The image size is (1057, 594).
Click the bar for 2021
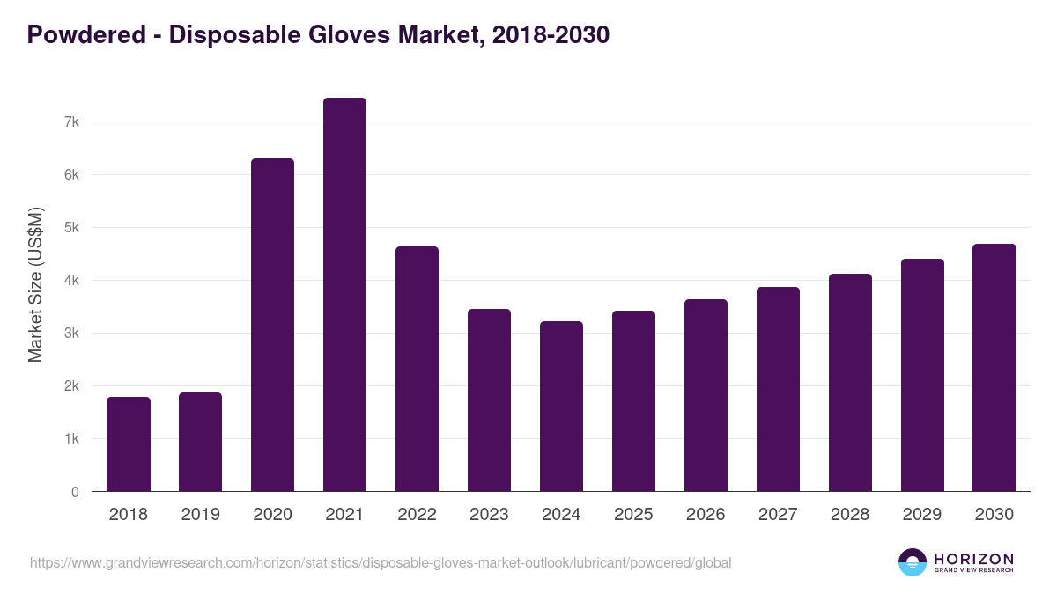click(344, 295)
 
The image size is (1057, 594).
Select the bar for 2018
click(129, 444)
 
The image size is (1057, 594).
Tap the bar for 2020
click(272, 325)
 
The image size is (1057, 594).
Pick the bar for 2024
click(561, 407)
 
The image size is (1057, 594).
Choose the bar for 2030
click(994, 368)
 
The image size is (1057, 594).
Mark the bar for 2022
click(417, 369)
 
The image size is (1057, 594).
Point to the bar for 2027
click(778, 389)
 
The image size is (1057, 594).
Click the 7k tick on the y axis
click(71, 121)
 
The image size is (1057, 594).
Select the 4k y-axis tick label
click(71, 281)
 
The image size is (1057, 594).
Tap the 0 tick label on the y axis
click(75, 492)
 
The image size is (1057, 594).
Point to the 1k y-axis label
click(71, 439)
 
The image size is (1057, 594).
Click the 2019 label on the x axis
click(200, 515)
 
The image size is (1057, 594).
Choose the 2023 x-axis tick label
click(489, 515)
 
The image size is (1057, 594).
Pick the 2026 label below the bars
click(706, 515)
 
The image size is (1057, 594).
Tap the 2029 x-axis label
click(922, 515)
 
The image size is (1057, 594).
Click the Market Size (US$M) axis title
click(35, 284)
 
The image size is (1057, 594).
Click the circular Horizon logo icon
click(913, 562)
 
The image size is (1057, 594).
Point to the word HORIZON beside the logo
click(973, 558)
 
